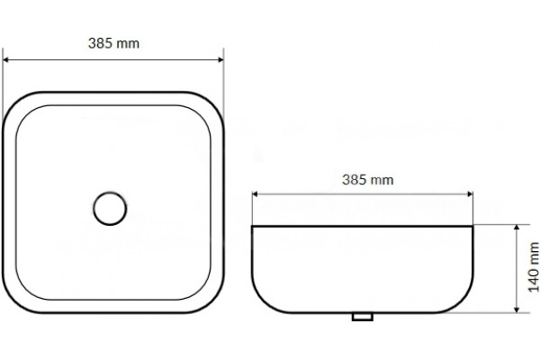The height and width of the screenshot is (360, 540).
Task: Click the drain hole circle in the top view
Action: click(110, 193)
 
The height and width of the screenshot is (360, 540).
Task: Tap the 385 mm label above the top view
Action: click(113, 43)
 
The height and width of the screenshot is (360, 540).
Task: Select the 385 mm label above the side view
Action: click(368, 179)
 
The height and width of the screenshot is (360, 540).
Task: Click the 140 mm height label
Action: click(534, 267)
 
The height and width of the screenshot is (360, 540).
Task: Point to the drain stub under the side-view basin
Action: click(363, 317)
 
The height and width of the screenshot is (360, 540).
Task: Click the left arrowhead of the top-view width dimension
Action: click(5, 60)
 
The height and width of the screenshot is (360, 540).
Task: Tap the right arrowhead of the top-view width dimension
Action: click(220, 60)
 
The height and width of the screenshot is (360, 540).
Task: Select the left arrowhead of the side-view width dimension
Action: click(256, 194)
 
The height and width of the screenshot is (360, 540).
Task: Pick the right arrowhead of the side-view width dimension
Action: click(470, 194)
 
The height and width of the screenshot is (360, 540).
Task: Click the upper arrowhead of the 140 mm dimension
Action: click(517, 228)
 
